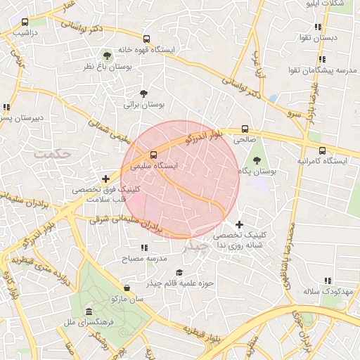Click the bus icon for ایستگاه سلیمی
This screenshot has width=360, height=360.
pos(153,154)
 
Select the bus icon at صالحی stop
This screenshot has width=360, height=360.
pos(245,129)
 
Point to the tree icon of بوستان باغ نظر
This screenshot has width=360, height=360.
pos(107,54)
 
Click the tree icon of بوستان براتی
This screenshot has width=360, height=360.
pos(144,93)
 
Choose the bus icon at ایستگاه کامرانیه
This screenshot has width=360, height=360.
pos(322,150)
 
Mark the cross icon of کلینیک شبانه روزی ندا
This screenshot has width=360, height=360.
pos(240,224)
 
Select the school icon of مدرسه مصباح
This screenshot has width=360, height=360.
pos(144,247)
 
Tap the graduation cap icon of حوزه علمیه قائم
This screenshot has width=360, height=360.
pos(179,272)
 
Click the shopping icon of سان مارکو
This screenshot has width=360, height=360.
pos(127,288)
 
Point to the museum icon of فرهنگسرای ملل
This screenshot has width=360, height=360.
pos(89,311)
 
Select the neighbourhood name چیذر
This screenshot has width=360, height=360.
pos(196,247)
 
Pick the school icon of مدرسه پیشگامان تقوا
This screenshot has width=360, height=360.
pos(322,60)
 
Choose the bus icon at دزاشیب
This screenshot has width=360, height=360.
pos(25,22)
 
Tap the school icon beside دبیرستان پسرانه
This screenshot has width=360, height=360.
pos(6,108)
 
